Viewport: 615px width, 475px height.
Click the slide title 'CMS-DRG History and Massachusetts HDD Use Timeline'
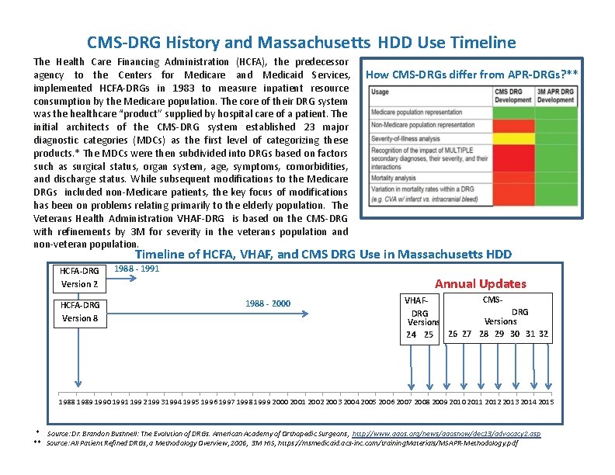pyautogui.click(x=301, y=42)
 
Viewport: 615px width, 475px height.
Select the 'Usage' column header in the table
pyautogui.click(x=380, y=92)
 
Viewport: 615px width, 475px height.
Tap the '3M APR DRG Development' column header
pyautogui.click(x=555, y=95)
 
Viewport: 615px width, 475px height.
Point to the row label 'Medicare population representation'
pyautogui.click(x=422, y=113)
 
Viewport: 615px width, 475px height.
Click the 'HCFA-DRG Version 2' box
pyautogui.click(x=80, y=277)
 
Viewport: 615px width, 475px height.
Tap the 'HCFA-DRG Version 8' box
pyautogui.click(x=80, y=311)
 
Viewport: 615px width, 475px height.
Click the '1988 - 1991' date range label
pyautogui.click(x=137, y=269)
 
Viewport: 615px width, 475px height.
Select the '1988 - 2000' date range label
pyautogui.click(x=268, y=303)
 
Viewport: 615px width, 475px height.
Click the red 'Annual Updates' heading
pyautogui.click(x=480, y=284)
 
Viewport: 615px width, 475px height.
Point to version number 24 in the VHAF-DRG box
pyautogui.click(x=412, y=335)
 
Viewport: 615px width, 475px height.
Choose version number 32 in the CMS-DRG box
pyautogui.click(x=544, y=334)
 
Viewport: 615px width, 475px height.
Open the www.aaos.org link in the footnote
pyautogui.click(x=446, y=433)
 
